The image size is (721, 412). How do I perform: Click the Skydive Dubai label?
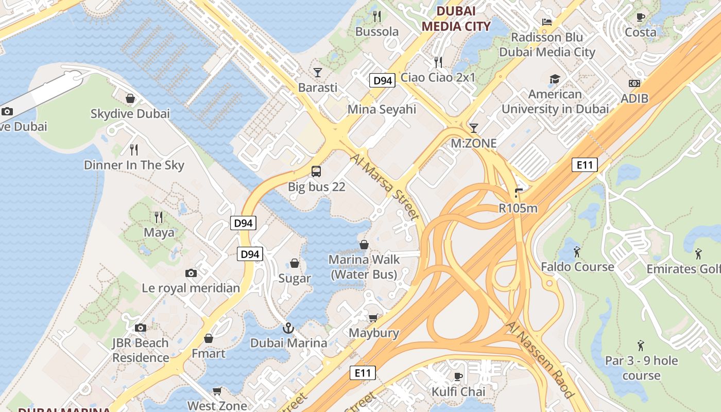point(130,113)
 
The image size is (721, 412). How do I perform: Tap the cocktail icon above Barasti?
point(318,72)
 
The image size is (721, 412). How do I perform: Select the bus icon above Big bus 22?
point(316,171)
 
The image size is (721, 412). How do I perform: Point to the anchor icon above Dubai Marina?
point(288,328)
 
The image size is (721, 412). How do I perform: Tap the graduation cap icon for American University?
point(555,79)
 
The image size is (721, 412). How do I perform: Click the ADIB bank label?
point(634,98)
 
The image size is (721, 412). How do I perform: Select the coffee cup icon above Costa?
point(641,17)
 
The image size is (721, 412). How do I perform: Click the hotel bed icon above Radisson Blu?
point(547,22)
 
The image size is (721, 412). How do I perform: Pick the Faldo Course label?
point(577,267)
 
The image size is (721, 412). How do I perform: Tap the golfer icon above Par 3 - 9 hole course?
point(641,345)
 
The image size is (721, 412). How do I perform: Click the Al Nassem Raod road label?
point(540,359)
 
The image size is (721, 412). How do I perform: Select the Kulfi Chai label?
point(458,391)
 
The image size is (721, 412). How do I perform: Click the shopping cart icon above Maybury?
point(373,318)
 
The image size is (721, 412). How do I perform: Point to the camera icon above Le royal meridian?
point(191,273)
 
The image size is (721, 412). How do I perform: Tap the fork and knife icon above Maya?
point(159,217)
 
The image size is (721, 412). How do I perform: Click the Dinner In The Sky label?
point(134,165)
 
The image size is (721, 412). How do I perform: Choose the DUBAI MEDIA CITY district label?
point(456,19)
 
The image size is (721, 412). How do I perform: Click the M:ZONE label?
point(474,143)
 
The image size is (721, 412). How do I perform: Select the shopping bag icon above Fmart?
point(209,338)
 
